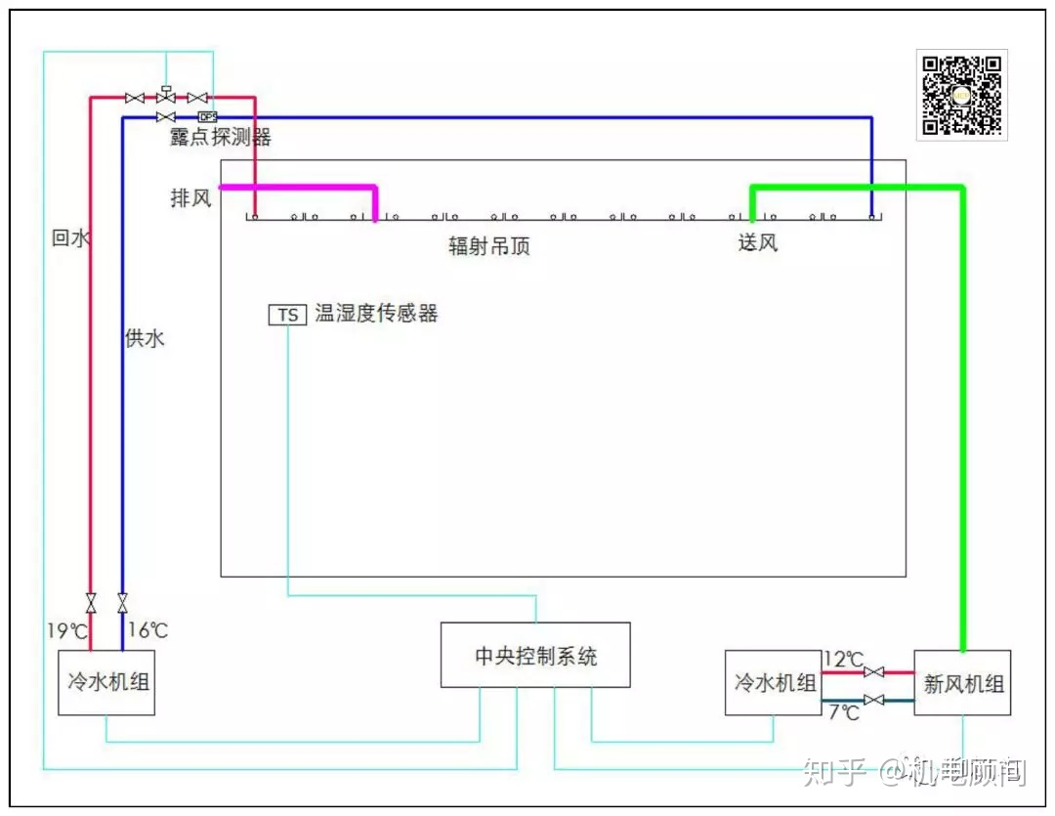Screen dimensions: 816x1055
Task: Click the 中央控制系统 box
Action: coord(535,655)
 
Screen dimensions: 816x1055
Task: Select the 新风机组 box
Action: coord(962,682)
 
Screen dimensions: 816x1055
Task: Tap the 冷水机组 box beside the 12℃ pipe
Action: coord(774,682)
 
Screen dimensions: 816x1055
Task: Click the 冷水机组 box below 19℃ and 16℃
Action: coord(106,682)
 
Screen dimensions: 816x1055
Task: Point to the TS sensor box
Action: coord(287,315)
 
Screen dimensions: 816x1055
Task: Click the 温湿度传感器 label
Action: coord(376,314)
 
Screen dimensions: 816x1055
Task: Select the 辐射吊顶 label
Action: coord(488,246)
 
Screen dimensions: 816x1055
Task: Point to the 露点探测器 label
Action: coord(220,138)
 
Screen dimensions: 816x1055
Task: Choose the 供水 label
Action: coord(145,338)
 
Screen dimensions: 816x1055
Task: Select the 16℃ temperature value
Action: coord(148,630)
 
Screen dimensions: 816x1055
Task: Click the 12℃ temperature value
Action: coord(843,660)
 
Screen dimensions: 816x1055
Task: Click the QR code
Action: coord(961,94)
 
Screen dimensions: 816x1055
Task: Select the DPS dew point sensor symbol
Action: coord(207,117)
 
